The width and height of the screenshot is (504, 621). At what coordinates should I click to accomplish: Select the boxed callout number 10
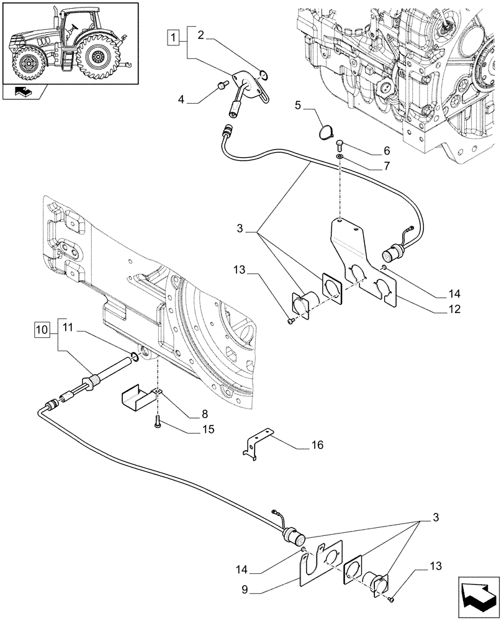(x=42, y=328)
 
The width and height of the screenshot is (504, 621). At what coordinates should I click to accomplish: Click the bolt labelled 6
(x=341, y=147)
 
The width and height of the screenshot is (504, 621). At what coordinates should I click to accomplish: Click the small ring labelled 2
(x=264, y=76)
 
